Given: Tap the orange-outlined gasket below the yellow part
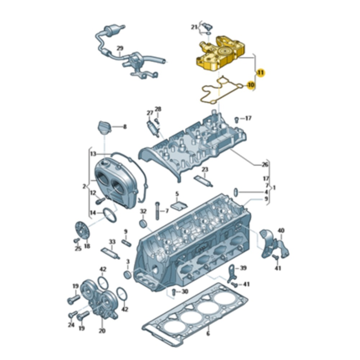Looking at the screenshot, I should click(x=219, y=90).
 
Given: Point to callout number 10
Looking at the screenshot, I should click(x=252, y=85).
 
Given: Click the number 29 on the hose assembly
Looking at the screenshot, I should click(x=119, y=49).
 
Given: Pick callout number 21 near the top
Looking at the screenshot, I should click(x=194, y=28).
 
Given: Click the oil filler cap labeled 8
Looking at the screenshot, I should click(x=105, y=127).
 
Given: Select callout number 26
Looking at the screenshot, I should click(x=265, y=164).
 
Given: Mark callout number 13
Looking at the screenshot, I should click(x=92, y=155).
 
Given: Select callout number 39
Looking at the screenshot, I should click(x=244, y=268).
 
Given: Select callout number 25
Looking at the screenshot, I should click(x=78, y=249).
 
